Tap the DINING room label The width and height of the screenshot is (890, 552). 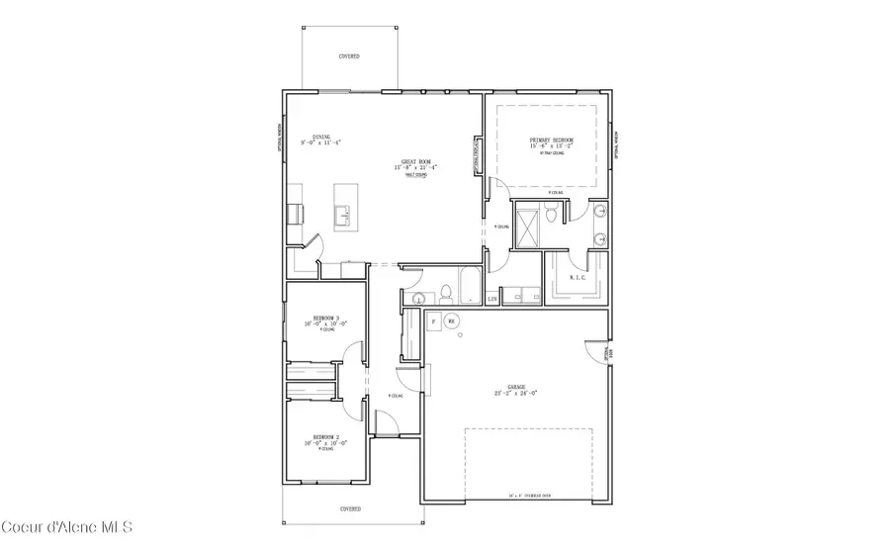point(321,138)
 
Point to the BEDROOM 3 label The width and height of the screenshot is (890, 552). point(326,318)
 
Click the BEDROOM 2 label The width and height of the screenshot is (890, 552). point(326,436)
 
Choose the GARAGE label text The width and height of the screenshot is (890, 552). point(516,387)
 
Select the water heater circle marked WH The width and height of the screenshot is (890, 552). point(451,322)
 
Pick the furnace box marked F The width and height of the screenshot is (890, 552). point(433,322)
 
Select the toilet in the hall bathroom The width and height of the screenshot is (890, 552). point(445,293)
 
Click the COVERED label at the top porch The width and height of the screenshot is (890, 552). point(349,57)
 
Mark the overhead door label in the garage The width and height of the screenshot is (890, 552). point(529,495)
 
